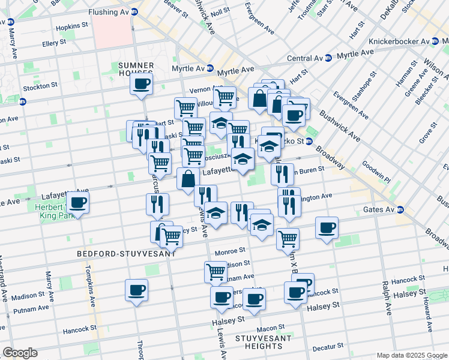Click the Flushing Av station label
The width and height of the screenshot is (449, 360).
109,11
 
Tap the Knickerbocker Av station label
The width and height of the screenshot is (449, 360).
400,41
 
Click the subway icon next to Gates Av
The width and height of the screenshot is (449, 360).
400,210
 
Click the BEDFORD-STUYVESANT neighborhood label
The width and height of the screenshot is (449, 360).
126,254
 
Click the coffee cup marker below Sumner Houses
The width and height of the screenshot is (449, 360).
141,83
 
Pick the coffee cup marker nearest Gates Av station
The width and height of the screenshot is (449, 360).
327,227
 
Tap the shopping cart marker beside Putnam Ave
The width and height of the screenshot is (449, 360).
215,271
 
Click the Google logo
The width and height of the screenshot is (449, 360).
20,353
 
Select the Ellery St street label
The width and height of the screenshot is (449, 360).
58,44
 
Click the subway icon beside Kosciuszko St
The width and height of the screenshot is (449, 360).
310,142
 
